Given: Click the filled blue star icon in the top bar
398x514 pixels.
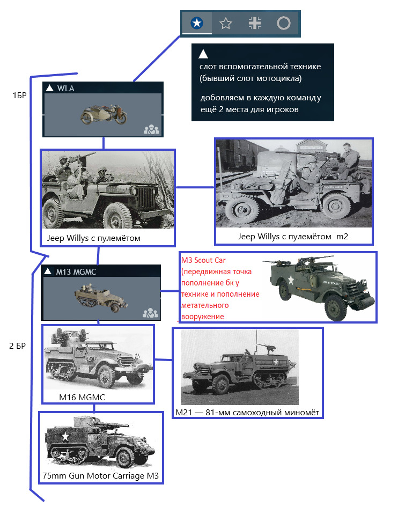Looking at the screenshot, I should [x=197, y=23].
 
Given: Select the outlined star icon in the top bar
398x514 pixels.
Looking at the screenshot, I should [x=226, y=23].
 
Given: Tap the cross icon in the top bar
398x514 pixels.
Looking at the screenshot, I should [x=255, y=23].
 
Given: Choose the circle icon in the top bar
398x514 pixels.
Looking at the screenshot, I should [x=283, y=23].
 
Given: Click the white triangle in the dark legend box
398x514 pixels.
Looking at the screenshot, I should [x=203, y=54].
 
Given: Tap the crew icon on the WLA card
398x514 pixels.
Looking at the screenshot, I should [x=151, y=129].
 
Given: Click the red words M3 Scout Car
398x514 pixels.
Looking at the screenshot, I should [x=204, y=261].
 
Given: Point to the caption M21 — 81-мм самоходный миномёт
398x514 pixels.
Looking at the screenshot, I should [x=247, y=412].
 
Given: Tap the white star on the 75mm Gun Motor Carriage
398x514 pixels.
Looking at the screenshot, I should [x=65, y=436].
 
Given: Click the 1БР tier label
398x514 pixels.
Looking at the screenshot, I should [x=20, y=94].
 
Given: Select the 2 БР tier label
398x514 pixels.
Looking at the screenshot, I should [x=18, y=346].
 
